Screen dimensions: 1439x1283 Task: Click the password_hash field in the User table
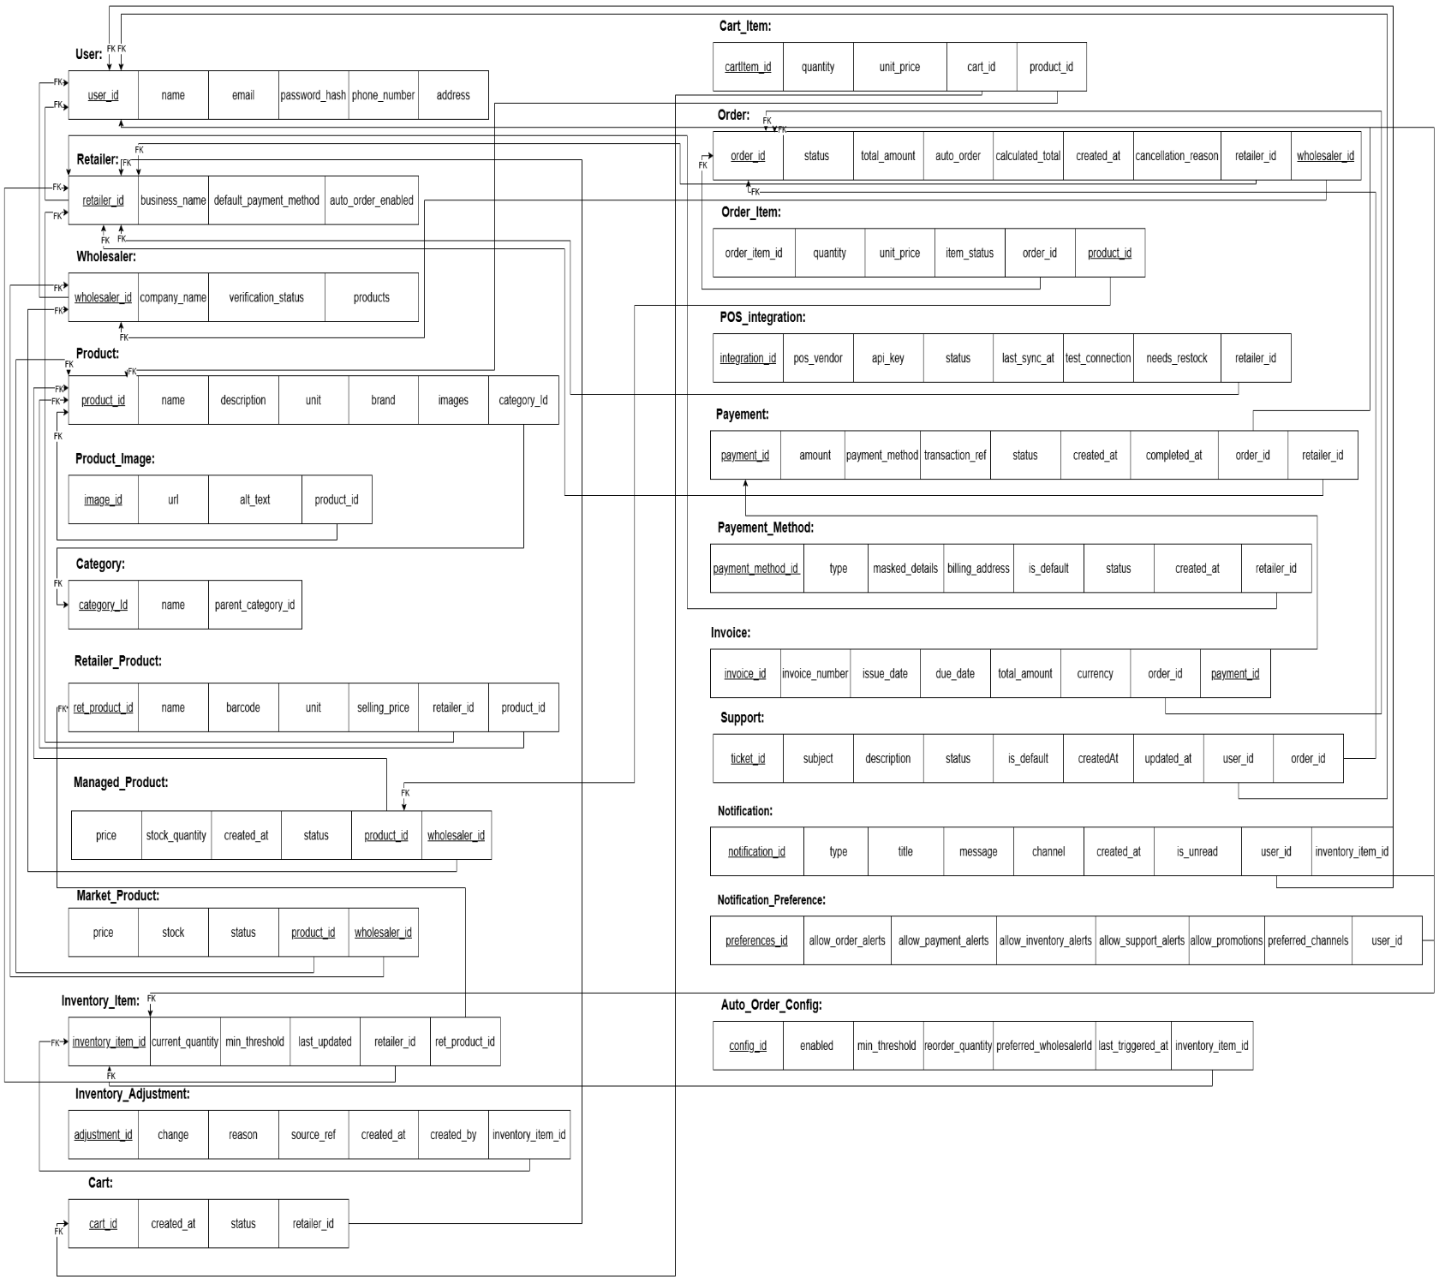[313, 95]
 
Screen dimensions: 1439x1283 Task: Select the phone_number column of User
[383, 95]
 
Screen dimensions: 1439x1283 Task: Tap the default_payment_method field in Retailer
[266, 200]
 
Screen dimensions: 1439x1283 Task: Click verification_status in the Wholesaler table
[266, 297]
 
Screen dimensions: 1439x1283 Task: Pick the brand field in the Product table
[383, 400]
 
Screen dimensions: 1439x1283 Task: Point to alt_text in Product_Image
[255, 499]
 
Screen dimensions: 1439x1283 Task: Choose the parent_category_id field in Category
[255, 605]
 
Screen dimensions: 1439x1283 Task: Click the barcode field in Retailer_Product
[243, 707]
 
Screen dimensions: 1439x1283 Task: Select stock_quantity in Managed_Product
[176, 835]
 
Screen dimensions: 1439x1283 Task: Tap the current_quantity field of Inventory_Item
[185, 1041]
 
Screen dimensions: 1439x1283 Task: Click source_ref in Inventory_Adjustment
[313, 1135]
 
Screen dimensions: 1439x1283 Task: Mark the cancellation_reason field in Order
[1177, 156]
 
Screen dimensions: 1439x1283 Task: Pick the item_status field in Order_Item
[970, 253]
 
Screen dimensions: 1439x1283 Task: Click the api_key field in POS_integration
[888, 358]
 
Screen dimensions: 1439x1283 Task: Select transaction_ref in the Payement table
[955, 455]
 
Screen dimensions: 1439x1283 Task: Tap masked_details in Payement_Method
[905, 568]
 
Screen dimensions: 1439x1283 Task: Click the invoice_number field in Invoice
[815, 673]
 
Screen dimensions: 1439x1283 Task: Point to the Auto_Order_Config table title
[771, 1005]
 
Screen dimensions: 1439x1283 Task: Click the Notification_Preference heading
[771, 900]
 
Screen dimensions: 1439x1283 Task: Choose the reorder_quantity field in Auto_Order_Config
[958, 1046]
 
